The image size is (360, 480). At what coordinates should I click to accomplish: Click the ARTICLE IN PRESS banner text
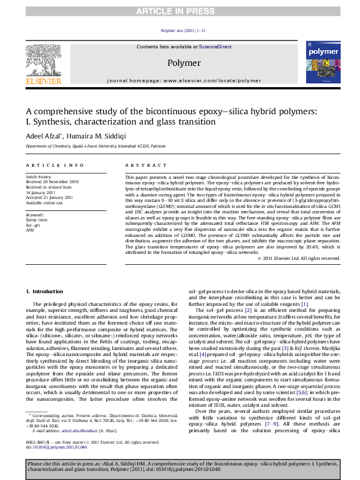pyautogui.click(x=180, y=11)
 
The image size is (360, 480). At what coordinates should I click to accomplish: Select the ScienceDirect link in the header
pyautogui.click(x=211, y=47)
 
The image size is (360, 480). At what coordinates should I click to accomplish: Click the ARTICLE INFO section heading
pyautogui.click(x=54, y=165)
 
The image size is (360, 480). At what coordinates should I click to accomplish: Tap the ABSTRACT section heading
pyautogui.click(x=142, y=165)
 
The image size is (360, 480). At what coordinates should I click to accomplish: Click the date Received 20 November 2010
pyautogui.click(x=52, y=181)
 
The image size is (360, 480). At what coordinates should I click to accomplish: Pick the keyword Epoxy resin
pyautogui.click(x=36, y=220)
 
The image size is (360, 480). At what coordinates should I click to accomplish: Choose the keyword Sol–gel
pyautogui.click(x=33, y=225)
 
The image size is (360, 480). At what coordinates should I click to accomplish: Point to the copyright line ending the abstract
pyautogui.click(x=299, y=258)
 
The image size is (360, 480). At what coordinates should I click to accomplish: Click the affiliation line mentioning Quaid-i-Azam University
pyautogui.click(x=95, y=146)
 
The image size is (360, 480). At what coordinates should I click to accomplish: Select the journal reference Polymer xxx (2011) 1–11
pyautogui.click(x=183, y=30)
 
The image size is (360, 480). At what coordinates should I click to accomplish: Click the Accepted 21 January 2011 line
pyautogui.click(x=51, y=196)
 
